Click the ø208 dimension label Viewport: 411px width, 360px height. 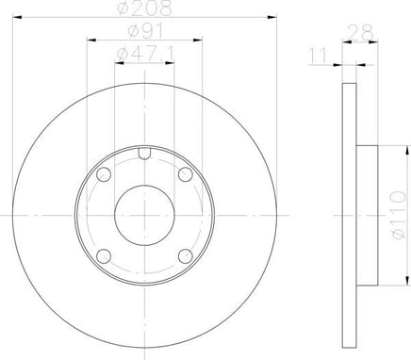145,8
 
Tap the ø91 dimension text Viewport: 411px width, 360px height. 146,31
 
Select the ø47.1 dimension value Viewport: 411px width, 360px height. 145,54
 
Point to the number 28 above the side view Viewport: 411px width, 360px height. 361,32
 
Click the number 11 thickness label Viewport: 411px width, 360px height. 319,56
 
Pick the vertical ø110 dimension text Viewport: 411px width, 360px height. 399,216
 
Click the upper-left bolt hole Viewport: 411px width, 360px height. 104,174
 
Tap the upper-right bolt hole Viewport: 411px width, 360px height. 186,174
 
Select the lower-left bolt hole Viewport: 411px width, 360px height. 104,256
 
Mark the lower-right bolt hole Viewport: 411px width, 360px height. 186,256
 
